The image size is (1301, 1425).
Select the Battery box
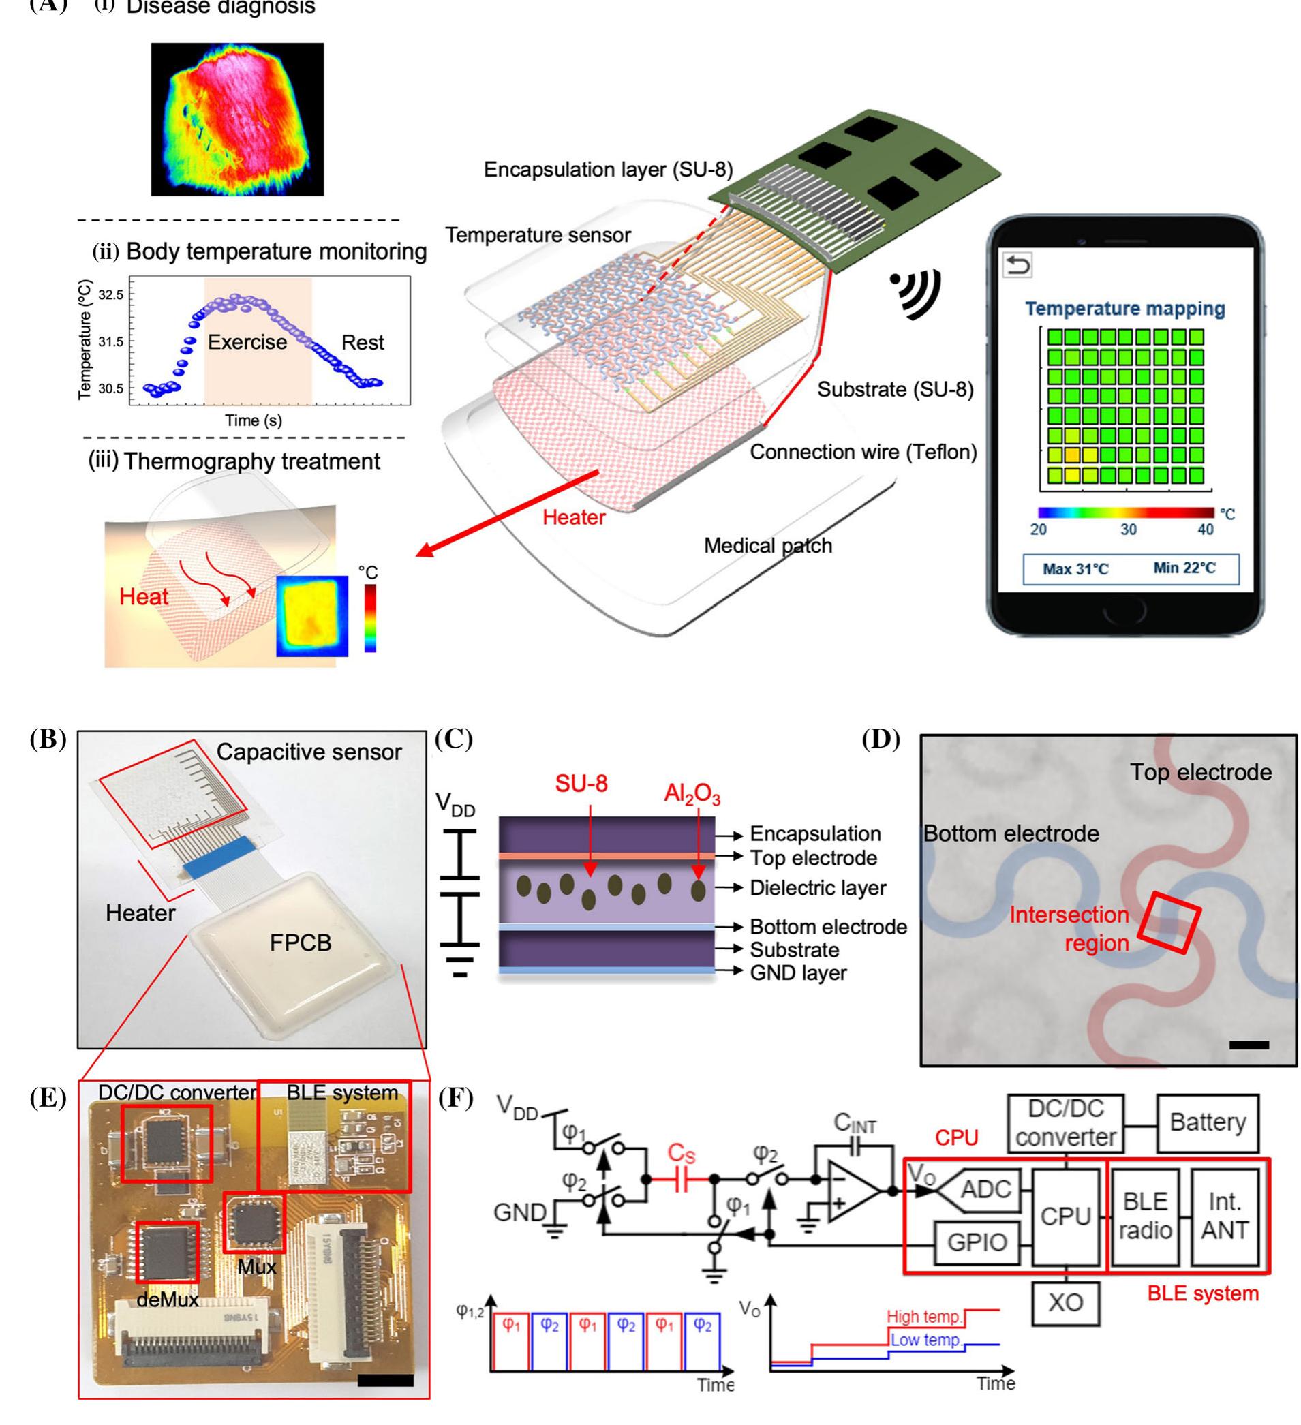pyautogui.click(x=1207, y=1122)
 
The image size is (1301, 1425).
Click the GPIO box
pyautogui.click(x=976, y=1242)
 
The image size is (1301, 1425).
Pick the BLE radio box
pyautogui.click(x=1145, y=1216)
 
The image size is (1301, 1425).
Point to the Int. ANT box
pyautogui.click(x=1225, y=1216)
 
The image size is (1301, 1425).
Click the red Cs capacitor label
pyautogui.click(x=682, y=1154)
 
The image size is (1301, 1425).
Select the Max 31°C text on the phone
pyautogui.click(x=1075, y=569)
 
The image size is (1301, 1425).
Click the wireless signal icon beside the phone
pyautogui.click(x=917, y=293)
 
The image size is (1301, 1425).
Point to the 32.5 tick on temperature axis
pyautogui.click(x=110, y=295)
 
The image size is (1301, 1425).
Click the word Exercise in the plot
pyautogui.click(x=247, y=342)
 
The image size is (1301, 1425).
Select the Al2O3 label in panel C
pyautogui.click(x=692, y=795)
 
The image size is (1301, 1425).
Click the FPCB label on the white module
pyautogui.click(x=301, y=943)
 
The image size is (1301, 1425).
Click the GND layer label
pyautogui.click(x=798, y=973)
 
